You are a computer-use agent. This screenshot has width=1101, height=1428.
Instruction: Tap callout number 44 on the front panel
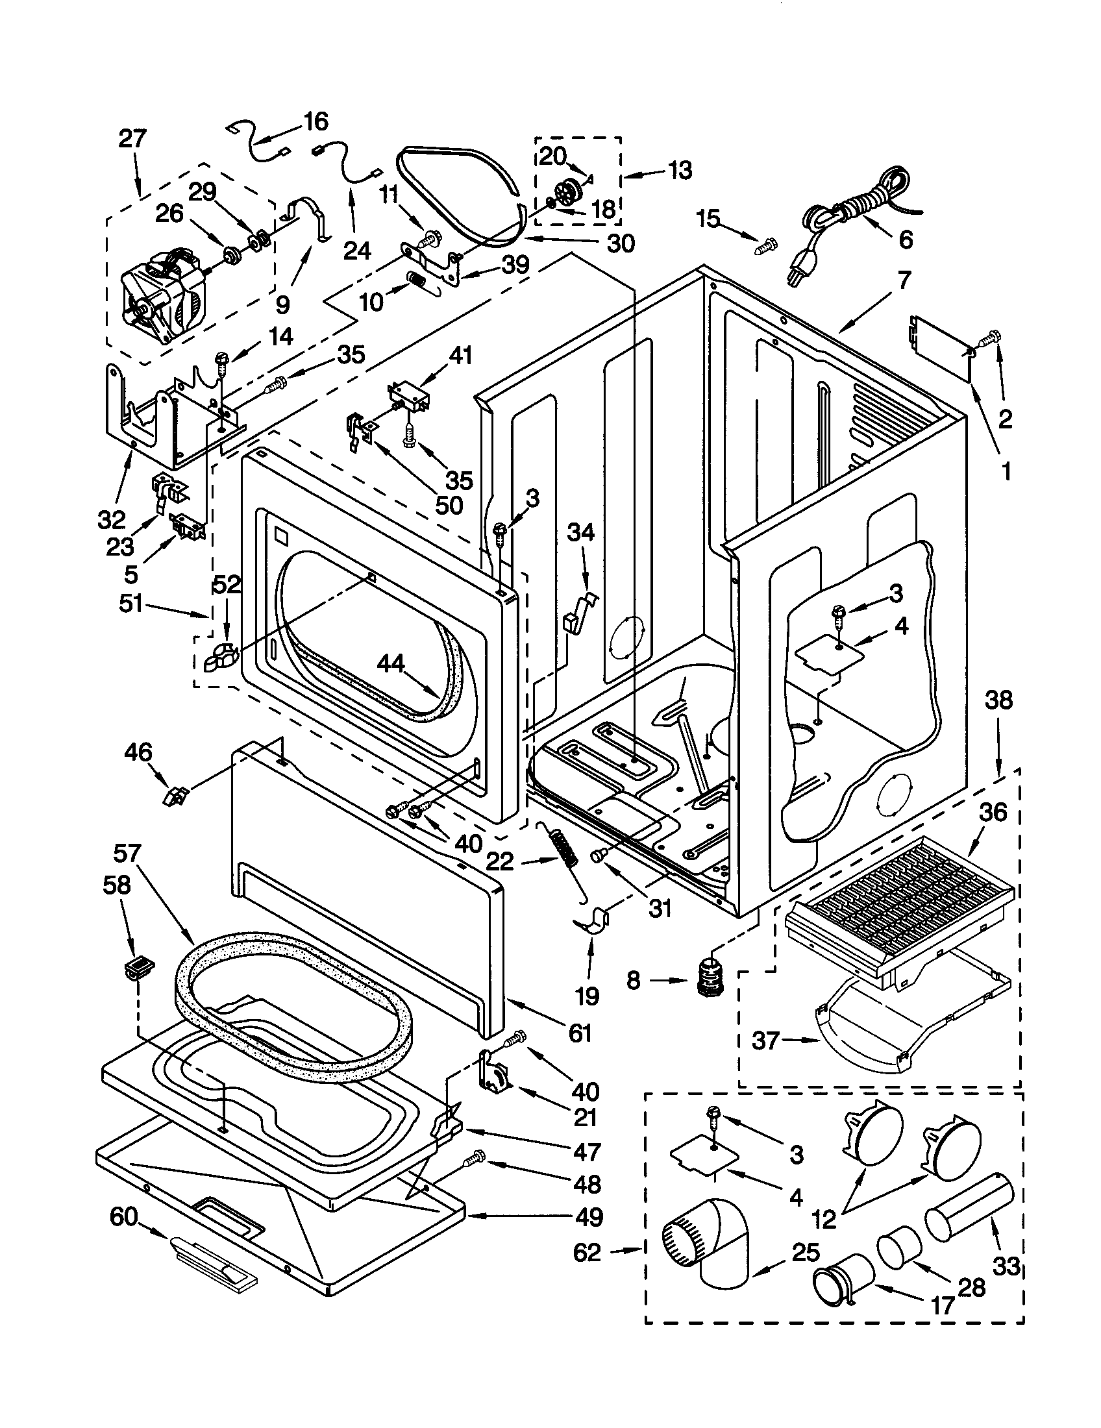tap(391, 664)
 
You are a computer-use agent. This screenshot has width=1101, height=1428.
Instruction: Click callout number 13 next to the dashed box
tap(680, 171)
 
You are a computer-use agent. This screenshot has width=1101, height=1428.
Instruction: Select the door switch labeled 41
tap(408, 395)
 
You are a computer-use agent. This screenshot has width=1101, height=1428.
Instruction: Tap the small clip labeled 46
tap(173, 796)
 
